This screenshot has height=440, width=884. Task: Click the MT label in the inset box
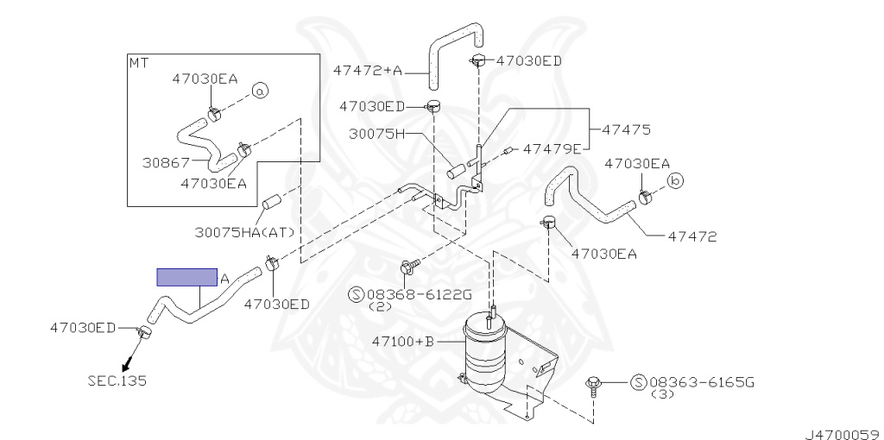click(x=139, y=62)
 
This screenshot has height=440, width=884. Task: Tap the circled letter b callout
click(x=675, y=181)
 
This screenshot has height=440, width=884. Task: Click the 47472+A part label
click(x=368, y=71)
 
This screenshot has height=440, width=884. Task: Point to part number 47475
click(x=627, y=129)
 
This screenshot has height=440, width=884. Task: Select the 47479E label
click(x=552, y=148)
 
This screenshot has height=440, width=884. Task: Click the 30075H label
click(x=377, y=134)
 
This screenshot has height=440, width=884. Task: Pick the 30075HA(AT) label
click(x=244, y=231)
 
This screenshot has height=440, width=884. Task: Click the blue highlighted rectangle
click(x=186, y=277)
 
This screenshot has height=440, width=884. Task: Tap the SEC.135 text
click(x=117, y=380)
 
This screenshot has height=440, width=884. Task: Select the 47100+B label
click(x=403, y=341)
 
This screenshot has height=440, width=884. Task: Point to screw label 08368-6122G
click(x=420, y=294)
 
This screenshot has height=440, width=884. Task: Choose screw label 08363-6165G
click(x=701, y=382)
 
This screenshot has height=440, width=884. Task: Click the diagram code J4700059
click(x=843, y=435)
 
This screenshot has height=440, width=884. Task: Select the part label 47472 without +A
click(x=692, y=236)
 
